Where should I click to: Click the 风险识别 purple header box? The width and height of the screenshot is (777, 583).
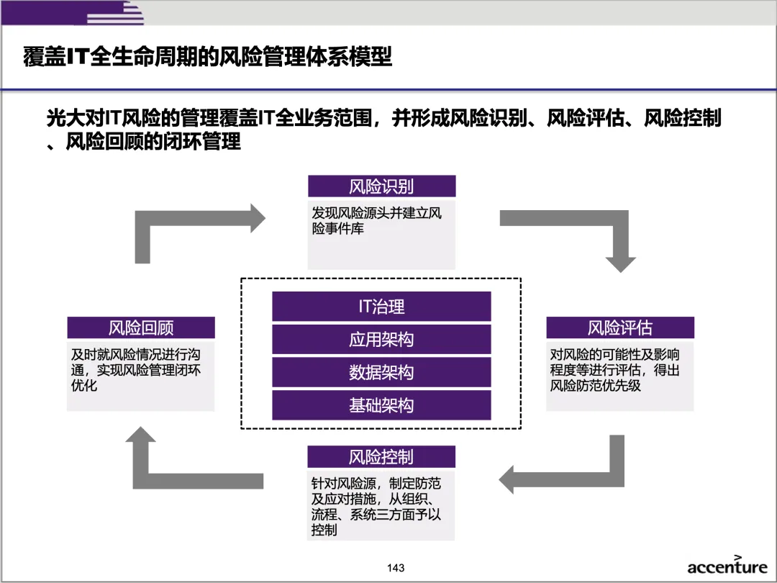coord(381,186)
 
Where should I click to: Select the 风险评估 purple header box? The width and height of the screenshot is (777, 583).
coord(619,328)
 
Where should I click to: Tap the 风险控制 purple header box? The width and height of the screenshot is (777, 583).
coord(381,457)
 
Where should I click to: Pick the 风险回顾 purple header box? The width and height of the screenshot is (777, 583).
coord(141,328)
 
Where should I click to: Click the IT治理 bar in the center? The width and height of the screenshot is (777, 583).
coord(381,307)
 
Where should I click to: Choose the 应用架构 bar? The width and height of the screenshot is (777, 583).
coord(381,340)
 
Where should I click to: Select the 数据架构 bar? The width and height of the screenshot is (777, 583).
coord(381,373)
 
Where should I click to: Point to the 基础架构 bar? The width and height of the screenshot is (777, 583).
coord(381,406)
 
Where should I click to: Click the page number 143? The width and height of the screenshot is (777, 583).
coord(395,568)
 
